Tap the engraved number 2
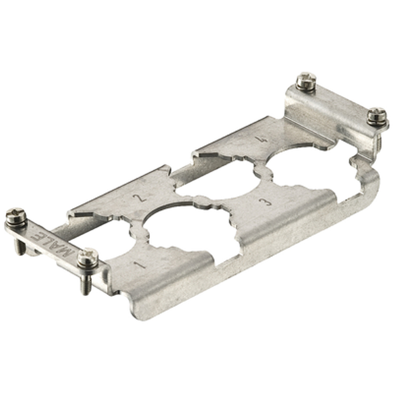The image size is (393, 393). point(140,198)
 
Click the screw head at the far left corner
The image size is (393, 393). point(16,216)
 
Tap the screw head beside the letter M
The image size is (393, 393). point(88,257)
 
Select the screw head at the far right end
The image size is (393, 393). point(377,116)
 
